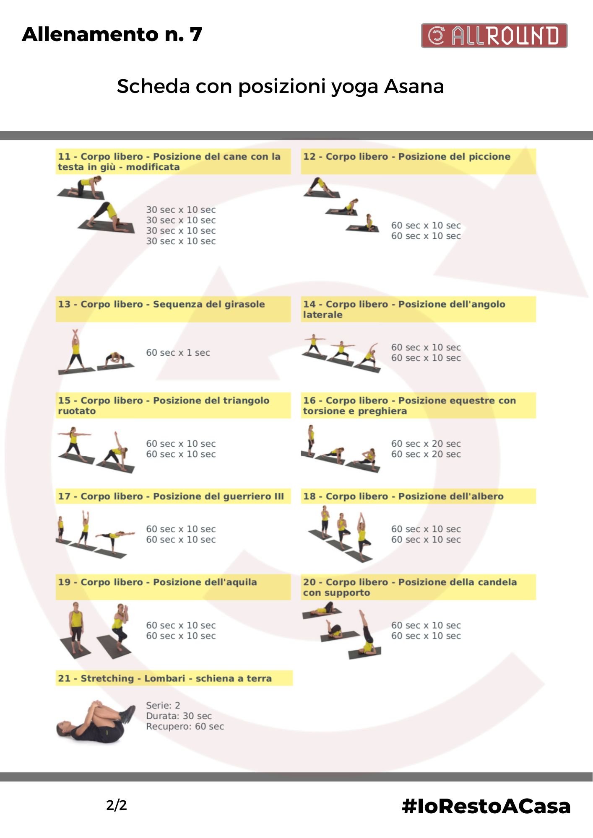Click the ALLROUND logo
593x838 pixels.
[494, 36]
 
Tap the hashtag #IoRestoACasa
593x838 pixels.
[486, 806]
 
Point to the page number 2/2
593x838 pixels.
[116, 805]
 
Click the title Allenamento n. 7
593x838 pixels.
[112, 34]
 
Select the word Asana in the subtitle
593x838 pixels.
[414, 86]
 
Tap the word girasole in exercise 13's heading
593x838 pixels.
[244, 305]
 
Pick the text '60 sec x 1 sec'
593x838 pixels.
[178, 353]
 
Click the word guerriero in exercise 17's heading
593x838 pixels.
[240, 497]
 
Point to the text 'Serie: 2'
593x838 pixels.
[163, 705]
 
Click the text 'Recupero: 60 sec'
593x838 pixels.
[185, 727]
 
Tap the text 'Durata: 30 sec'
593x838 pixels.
[179, 716]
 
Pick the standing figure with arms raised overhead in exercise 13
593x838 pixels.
[76, 349]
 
